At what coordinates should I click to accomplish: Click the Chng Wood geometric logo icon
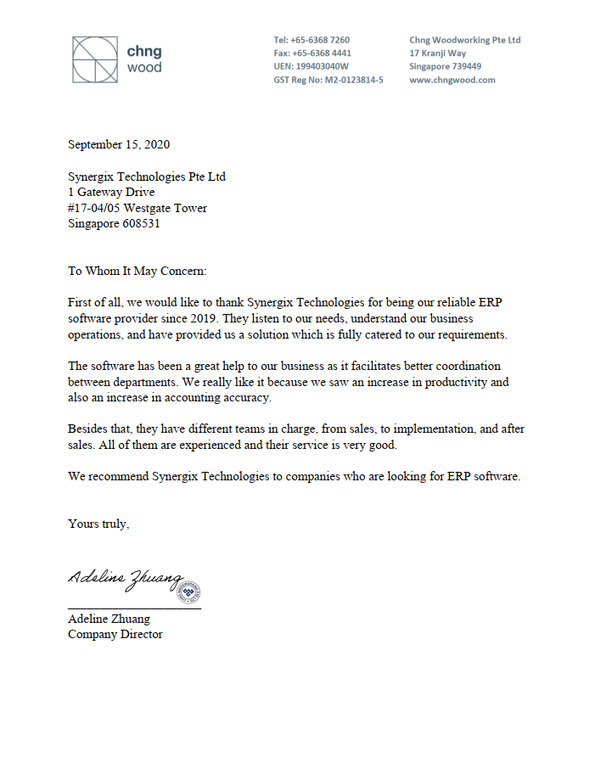pyautogui.click(x=94, y=59)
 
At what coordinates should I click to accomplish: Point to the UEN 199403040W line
pyautogui.click(x=311, y=66)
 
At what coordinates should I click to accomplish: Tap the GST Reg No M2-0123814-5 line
pyautogui.click(x=328, y=80)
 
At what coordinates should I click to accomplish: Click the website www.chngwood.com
pyautogui.click(x=452, y=80)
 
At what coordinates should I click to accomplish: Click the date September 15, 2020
pyautogui.click(x=118, y=145)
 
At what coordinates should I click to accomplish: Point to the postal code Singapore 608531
pyautogui.click(x=114, y=224)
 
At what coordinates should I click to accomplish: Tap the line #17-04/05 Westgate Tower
pyautogui.click(x=137, y=208)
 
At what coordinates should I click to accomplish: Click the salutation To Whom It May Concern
pyautogui.click(x=137, y=272)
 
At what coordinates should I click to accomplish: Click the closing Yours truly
pyautogui.click(x=98, y=524)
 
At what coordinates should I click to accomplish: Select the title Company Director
pyautogui.click(x=115, y=634)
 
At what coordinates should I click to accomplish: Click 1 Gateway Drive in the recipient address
pyautogui.click(x=111, y=193)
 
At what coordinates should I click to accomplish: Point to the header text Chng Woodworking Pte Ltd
pyautogui.click(x=464, y=40)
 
